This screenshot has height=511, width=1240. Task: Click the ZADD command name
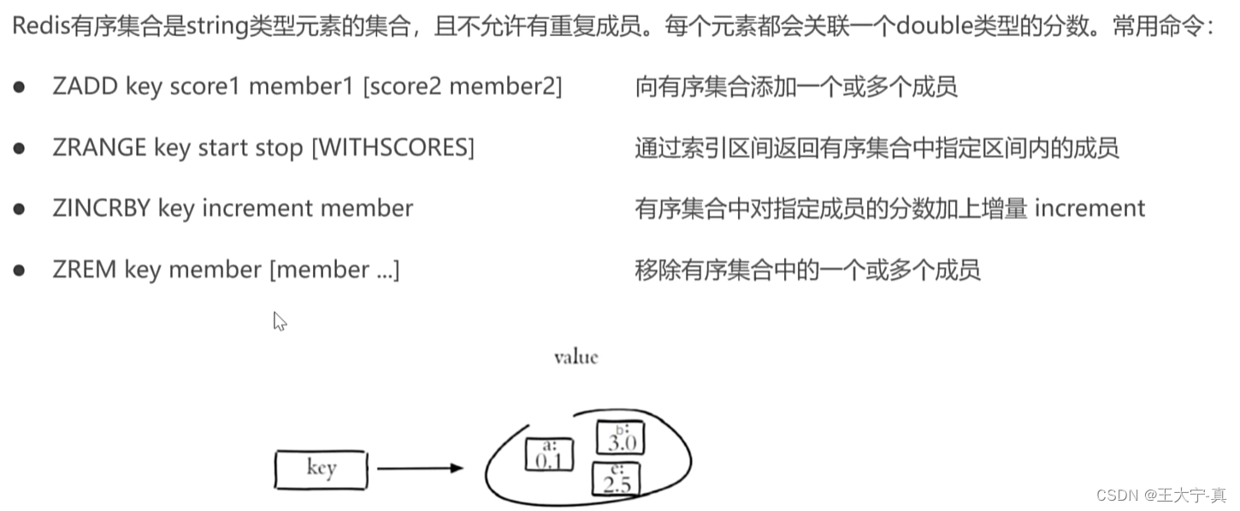coord(85,86)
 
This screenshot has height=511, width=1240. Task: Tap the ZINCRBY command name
coord(101,209)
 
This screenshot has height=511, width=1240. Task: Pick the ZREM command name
coord(84,270)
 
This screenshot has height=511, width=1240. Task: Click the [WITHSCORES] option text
coord(393,148)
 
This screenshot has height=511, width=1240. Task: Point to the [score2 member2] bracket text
coord(463,86)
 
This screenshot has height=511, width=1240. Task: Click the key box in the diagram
coord(321,469)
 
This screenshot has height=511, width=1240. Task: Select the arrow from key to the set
coord(419,468)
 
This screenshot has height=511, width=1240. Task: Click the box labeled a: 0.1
coord(548,455)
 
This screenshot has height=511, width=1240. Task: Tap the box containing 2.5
coord(617,479)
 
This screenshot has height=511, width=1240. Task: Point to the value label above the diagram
coord(576,357)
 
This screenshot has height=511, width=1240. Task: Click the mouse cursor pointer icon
coord(279,321)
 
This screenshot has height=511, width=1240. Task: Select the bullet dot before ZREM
coord(19,270)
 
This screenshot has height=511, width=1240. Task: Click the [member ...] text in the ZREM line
coord(334,270)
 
